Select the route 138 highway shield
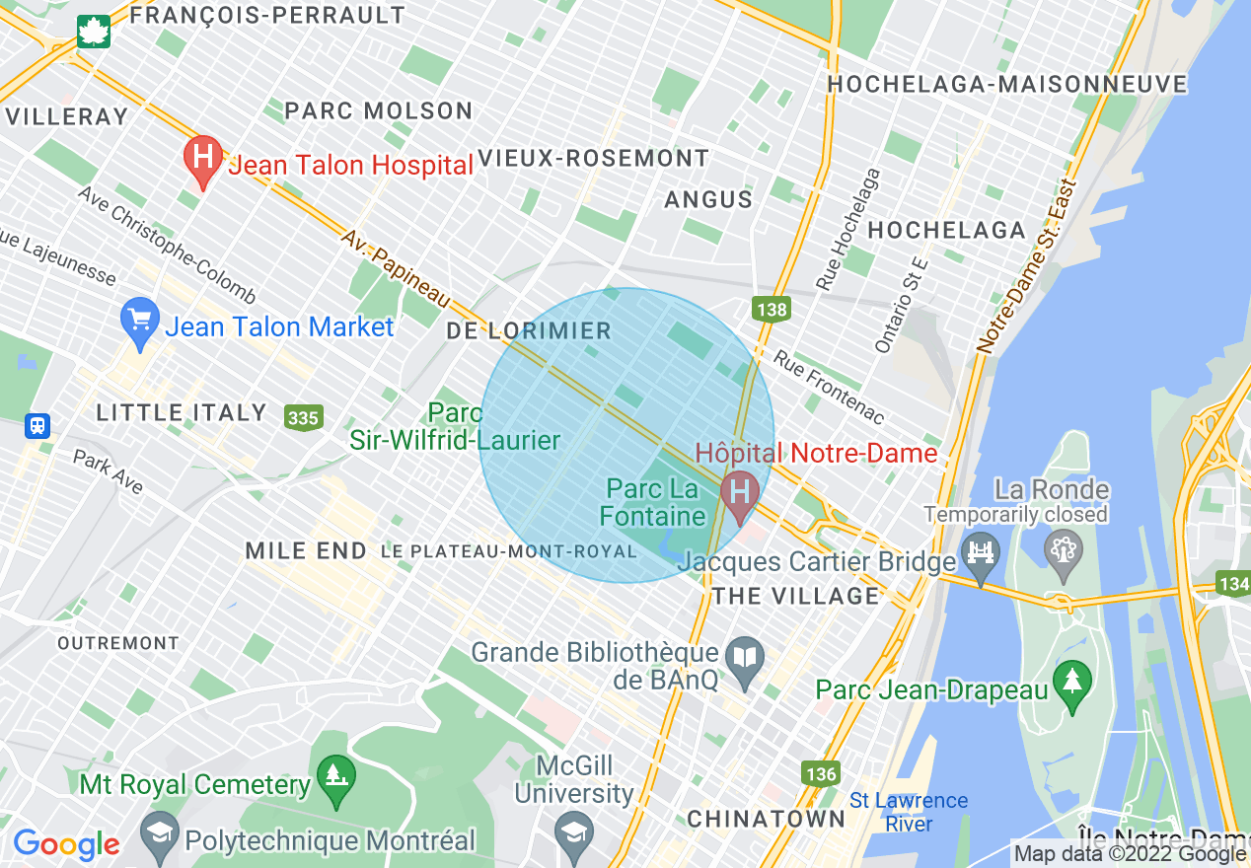click(x=772, y=310)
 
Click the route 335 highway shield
click(x=303, y=417)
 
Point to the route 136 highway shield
click(x=820, y=773)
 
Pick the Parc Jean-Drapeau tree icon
click(x=1071, y=683)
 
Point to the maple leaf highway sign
click(x=95, y=31)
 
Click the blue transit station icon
click(x=37, y=426)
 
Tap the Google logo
click(x=66, y=844)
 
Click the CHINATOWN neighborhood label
click(x=767, y=819)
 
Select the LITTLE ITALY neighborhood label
click(x=182, y=412)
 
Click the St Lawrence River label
click(x=909, y=812)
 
